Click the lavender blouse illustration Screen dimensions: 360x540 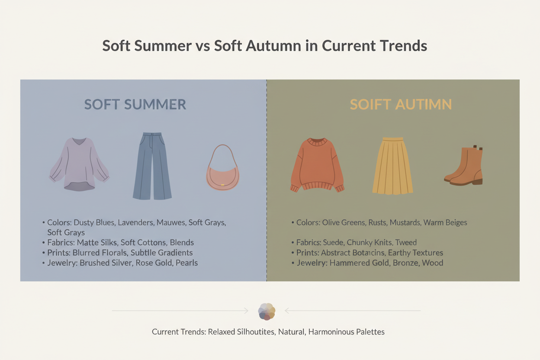coord(79,164)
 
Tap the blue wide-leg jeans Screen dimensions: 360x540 coord(152,167)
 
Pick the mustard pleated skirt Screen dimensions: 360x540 coord(392,167)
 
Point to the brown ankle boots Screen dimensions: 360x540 coord(465,167)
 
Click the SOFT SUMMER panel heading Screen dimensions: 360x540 coord(135,104)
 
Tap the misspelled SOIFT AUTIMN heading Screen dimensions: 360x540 coord(401,104)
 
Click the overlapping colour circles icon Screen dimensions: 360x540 coord(267,311)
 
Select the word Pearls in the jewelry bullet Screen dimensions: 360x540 coord(186,263)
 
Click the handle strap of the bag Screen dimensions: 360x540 coord(223,151)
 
